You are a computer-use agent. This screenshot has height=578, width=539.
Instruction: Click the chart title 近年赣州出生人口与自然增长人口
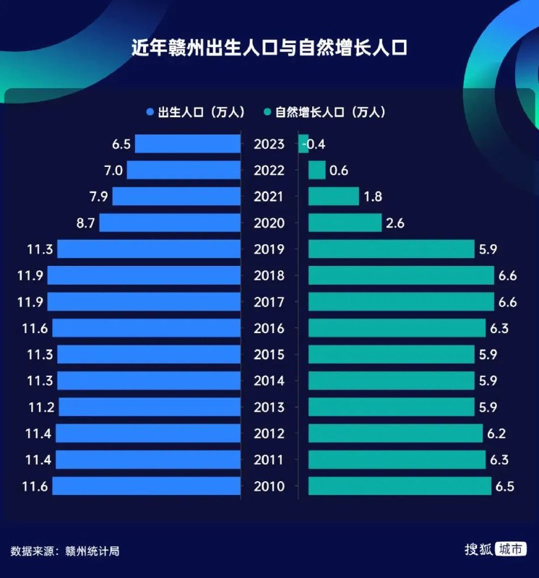pos(269,50)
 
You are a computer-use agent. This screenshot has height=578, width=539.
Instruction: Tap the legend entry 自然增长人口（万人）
pos(325,112)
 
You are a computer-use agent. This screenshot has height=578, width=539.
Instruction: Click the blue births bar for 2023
pos(187,144)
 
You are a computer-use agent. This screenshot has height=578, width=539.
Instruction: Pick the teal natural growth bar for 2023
pos(303,144)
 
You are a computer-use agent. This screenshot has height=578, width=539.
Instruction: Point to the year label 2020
pos(269,223)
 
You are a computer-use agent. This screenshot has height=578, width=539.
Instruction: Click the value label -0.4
pos(314,144)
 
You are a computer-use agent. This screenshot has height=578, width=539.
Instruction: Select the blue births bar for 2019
pos(149,249)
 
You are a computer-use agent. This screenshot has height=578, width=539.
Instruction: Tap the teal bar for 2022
pos(316,171)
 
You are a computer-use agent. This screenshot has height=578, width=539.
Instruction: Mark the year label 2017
pos(269,302)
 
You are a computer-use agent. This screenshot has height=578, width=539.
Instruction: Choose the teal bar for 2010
pos(400,486)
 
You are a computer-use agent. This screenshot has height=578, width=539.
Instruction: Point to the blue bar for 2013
pos(149,407)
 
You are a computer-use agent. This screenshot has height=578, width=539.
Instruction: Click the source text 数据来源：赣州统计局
pos(64,551)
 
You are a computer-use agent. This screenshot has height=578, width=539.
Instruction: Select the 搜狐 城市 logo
pos(495,549)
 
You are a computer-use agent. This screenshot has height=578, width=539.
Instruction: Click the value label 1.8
pos(373,197)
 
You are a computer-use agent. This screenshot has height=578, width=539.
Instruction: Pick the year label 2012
pos(269,433)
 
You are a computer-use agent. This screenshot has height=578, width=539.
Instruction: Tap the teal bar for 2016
pos(397,328)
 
